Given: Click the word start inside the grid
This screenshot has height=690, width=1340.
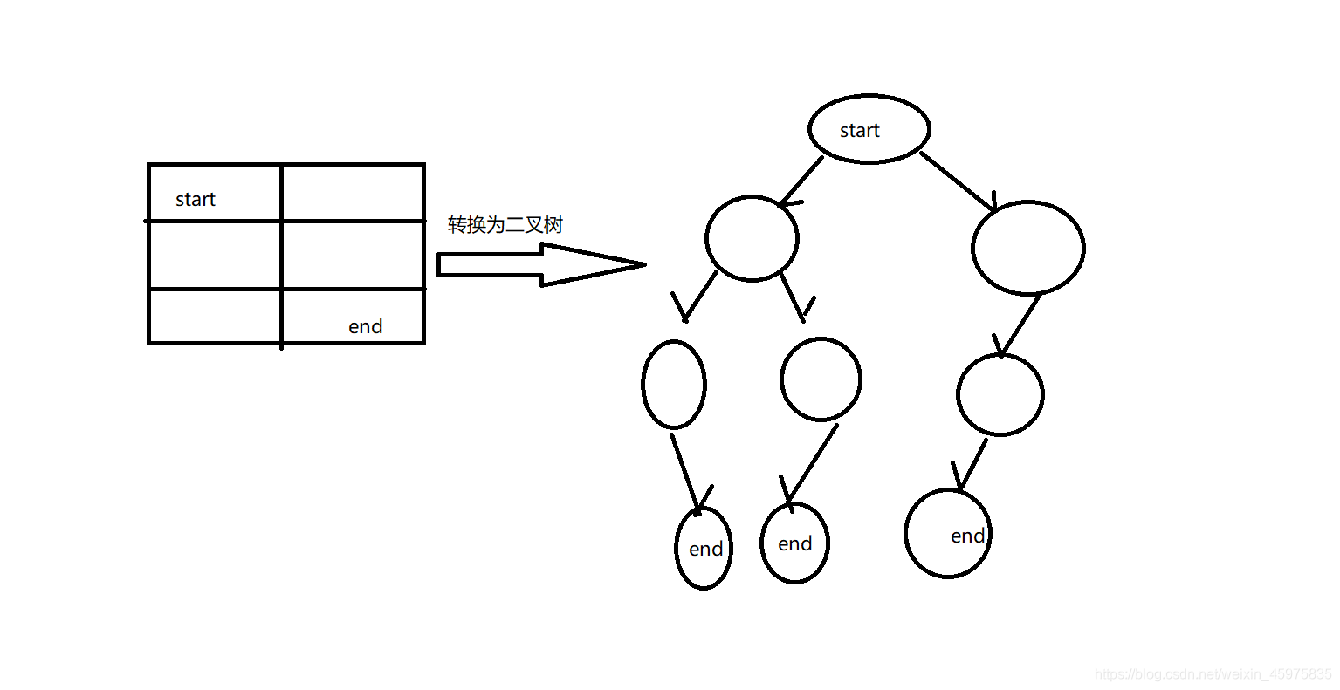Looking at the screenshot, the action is pyautogui.click(x=195, y=199).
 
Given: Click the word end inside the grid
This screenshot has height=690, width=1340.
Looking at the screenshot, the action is pyautogui.click(x=365, y=326).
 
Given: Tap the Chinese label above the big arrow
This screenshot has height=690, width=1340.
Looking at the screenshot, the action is pyautogui.click(x=505, y=225).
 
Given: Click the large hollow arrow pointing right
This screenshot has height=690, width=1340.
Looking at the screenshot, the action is pyautogui.click(x=541, y=265).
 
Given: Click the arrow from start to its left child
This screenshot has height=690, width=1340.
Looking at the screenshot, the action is pyautogui.click(x=801, y=181).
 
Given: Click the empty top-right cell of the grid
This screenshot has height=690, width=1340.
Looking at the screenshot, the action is pyautogui.click(x=353, y=193).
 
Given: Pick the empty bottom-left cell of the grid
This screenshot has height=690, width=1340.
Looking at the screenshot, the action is pyautogui.click(x=214, y=317).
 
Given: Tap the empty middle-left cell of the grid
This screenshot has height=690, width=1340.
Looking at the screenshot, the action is pyautogui.click(x=214, y=255).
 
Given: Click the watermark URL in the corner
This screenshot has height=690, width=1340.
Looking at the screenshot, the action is pyautogui.click(x=1213, y=673).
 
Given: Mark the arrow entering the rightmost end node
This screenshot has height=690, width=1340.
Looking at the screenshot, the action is pyautogui.click(x=970, y=466).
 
